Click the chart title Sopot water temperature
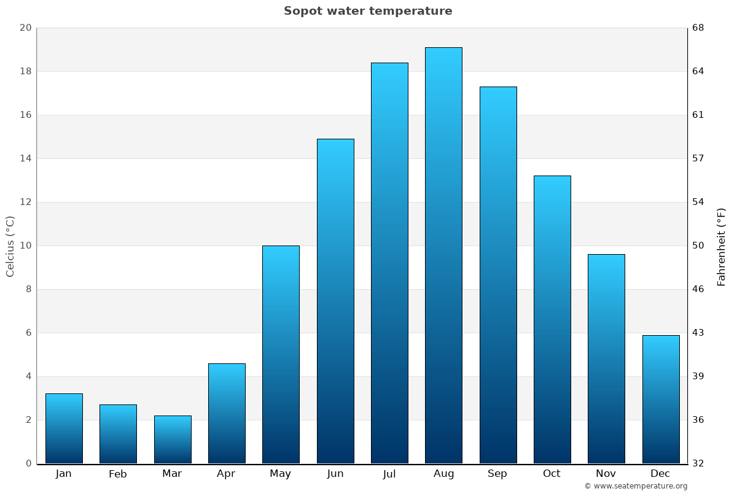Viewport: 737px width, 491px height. pyautogui.click(x=368, y=11)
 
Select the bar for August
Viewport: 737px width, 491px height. pyautogui.click(x=443, y=255)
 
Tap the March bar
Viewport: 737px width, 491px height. pyautogui.click(x=173, y=439)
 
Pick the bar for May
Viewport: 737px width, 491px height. pyautogui.click(x=281, y=354)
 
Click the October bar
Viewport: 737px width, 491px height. pyautogui.click(x=552, y=319)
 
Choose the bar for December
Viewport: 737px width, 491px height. pyautogui.click(x=661, y=399)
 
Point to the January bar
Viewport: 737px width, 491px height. pyautogui.click(x=64, y=428)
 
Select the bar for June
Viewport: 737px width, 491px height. pyautogui.click(x=335, y=301)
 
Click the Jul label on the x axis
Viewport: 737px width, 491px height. pyautogui.click(x=389, y=474)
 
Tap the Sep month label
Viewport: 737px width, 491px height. pyautogui.click(x=497, y=474)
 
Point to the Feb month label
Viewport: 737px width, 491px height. pyautogui.click(x=118, y=474)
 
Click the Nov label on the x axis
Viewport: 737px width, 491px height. pyautogui.click(x=606, y=474)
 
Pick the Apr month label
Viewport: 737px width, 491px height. pyautogui.click(x=226, y=474)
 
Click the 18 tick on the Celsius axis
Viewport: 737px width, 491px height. pyautogui.click(x=25, y=71)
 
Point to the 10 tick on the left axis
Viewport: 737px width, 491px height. pyautogui.click(x=25, y=245)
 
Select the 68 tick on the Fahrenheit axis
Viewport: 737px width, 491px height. pyautogui.click(x=698, y=28)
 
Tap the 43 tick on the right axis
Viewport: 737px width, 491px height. pyautogui.click(x=698, y=333)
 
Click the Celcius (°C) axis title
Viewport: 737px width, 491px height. pyautogui.click(x=10, y=246)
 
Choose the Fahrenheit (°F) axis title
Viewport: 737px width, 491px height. pyautogui.click(x=722, y=246)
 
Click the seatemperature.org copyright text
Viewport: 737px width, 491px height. pyautogui.click(x=636, y=486)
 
